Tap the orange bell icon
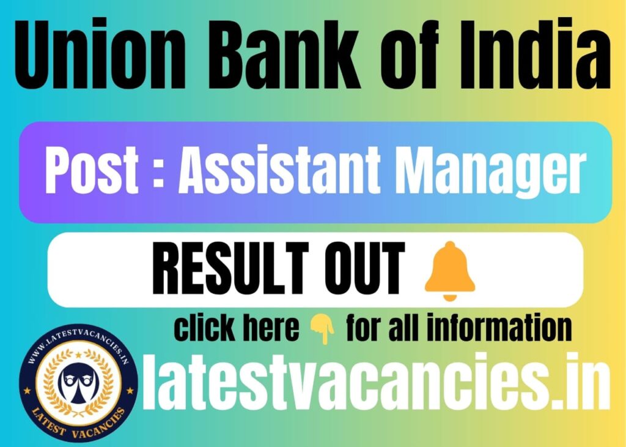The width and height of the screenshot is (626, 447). tap(450, 271)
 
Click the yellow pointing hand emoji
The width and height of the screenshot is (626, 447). tap(323, 329)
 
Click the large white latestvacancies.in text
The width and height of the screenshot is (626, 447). tap(377, 382)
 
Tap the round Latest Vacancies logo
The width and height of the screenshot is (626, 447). tap(78, 383)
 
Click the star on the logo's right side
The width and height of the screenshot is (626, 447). tap(130, 390)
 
